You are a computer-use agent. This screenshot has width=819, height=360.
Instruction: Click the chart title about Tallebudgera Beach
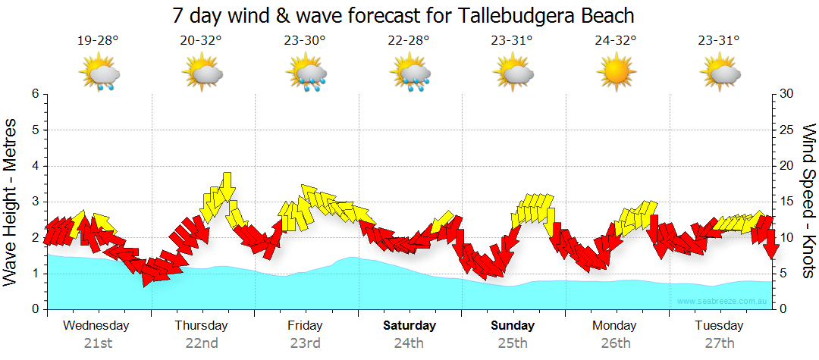(x=403, y=15)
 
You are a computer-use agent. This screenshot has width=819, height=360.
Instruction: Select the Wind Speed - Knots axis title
(x=808, y=201)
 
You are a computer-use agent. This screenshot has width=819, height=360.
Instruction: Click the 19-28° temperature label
(x=98, y=41)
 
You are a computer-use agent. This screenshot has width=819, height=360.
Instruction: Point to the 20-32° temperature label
(x=201, y=41)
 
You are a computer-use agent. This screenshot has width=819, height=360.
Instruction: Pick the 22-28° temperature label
(x=408, y=41)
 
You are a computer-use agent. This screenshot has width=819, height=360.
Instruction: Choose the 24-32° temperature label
(x=615, y=41)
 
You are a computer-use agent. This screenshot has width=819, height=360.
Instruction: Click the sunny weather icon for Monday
(x=615, y=74)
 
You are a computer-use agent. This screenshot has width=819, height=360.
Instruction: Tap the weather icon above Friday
(x=306, y=74)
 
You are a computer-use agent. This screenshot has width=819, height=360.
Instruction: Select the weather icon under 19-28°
(x=99, y=74)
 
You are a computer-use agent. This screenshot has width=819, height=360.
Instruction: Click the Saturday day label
(x=409, y=326)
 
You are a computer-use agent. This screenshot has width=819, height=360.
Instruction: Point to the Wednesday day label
(x=96, y=326)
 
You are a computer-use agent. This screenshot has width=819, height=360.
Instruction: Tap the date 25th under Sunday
(x=513, y=343)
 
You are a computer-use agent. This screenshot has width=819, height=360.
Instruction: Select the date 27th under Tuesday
(x=720, y=343)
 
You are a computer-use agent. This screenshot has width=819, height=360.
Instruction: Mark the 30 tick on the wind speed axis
(x=787, y=94)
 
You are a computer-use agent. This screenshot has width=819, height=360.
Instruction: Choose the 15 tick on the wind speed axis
(x=787, y=202)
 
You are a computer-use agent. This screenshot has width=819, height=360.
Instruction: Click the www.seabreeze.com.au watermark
(x=722, y=302)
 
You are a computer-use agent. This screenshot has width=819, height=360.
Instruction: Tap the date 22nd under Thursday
(x=202, y=343)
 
